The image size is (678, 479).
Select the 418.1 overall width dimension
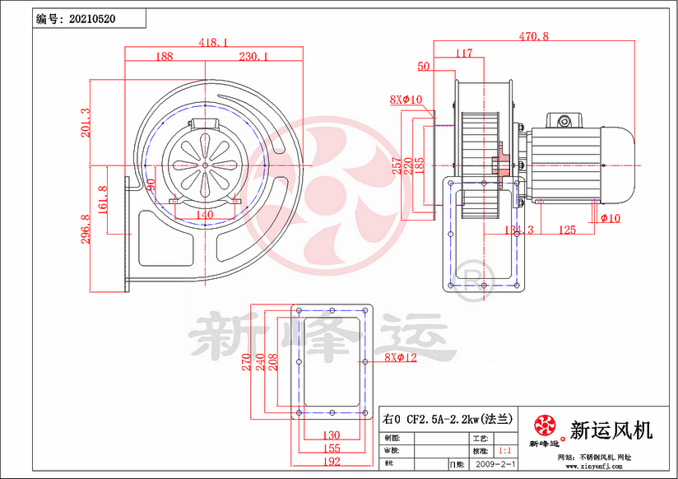point(213,42)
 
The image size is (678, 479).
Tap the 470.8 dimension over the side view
point(534,36)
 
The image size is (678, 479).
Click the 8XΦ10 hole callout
point(406,100)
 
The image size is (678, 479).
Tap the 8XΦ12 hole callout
point(402,358)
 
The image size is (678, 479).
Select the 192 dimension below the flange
point(331,463)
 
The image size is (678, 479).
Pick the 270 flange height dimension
point(246,364)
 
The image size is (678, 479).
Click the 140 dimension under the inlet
point(205,215)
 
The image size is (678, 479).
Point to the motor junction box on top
point(564,121)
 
